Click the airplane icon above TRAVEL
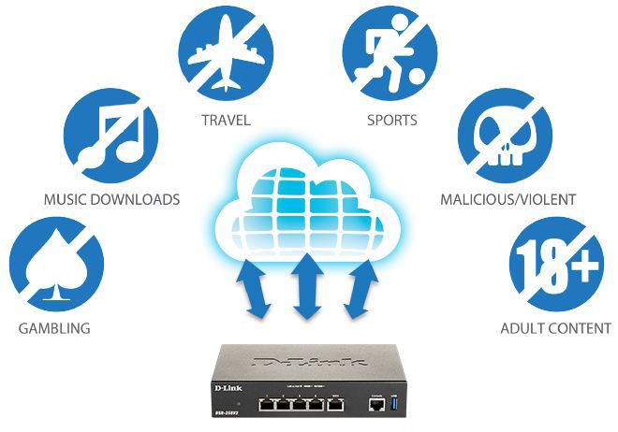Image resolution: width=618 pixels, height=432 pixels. pyautogui.click(x=227, y=53)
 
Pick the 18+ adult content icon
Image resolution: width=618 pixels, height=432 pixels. pyautogui.click(x=556, y=262)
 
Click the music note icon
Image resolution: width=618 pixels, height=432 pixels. pyautogui.click(x=110, y=135)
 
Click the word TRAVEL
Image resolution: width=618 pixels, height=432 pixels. pyautogui.click(x=228, y=121)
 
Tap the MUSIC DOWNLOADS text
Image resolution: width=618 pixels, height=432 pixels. pyautogui.click(x=111, y=199)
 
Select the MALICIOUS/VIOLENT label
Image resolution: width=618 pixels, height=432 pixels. pyautogui.click(x=508, y=199)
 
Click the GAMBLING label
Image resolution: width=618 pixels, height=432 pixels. pyautogui.click(x=54, y=328)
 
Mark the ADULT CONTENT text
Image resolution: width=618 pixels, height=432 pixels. pyautogui.click(x=556, y=328)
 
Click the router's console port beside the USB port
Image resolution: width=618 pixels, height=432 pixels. pyautogui.click(x=376, y=405)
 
